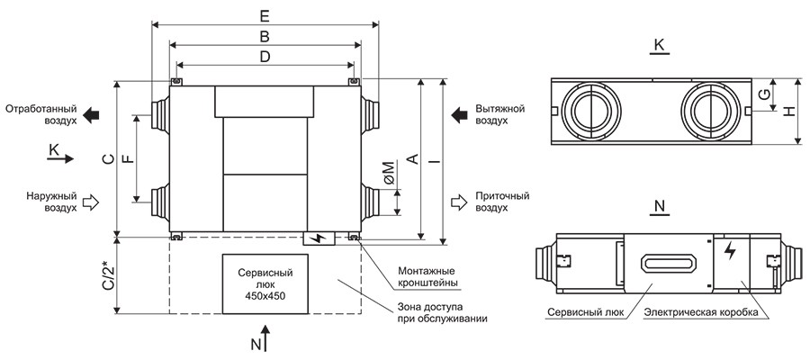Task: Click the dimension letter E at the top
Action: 264,15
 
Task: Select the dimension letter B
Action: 264,37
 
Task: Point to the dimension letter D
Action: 264,58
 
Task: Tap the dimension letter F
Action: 128,159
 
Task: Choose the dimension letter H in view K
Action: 789,110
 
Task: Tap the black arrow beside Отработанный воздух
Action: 94,113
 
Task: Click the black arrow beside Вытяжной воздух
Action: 460,113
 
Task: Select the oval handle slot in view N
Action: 667,263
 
